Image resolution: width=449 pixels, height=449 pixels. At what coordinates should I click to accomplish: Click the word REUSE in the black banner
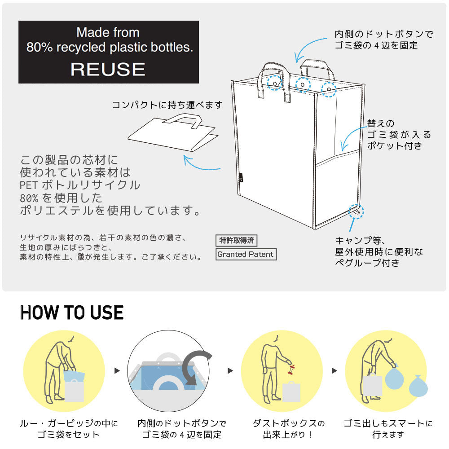[x=108, y=69]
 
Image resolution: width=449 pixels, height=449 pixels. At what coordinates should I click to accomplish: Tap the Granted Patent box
[x=245, y=254]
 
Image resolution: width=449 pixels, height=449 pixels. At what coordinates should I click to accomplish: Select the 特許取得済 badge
[x=236, y=240]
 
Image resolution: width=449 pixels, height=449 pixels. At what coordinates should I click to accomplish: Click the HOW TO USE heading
[x=72, y=313]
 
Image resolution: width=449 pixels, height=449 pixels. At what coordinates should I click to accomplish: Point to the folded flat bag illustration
[x=173, y=135]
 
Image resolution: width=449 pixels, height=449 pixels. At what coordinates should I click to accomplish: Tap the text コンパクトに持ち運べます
[x=167, y=105]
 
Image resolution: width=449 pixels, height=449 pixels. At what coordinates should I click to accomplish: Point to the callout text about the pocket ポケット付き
[x=395, y=145]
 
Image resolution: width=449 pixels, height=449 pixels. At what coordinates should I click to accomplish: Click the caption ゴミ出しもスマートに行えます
[x=388, y=429]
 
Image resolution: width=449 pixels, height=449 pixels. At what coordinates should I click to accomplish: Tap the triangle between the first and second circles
[x=117, y=371]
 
